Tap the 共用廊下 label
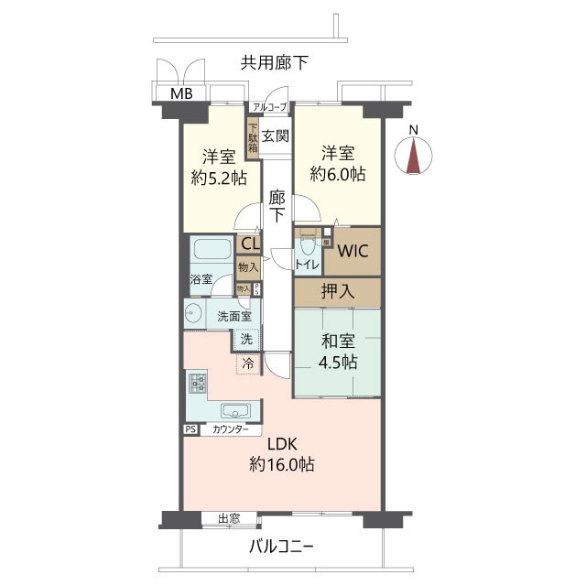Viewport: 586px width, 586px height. [x=274, y=63]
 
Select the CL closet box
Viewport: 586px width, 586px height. [x=247, y=244]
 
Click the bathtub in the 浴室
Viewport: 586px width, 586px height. [x=212, y=250]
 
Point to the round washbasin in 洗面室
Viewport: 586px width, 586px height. [x=193, y=316]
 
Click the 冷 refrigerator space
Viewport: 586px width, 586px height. [x=247, y=364]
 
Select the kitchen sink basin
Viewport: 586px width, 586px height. [x=233, y=411]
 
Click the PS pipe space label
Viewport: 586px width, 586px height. [x=190, y=429]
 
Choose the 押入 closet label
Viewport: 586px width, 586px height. [x=337, y=292]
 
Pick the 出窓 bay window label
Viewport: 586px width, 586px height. [x=229, y=518]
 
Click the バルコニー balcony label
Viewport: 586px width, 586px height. [x=282, y=548]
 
